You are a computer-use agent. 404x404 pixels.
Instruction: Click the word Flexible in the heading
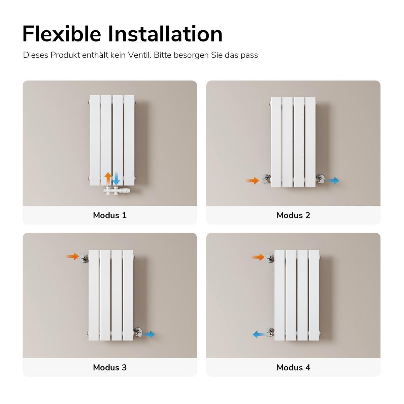(x=62, y=34)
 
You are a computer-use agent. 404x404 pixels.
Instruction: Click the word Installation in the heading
(x=165, y=34)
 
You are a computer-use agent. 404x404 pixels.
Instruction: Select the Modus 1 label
(x=110, y=215)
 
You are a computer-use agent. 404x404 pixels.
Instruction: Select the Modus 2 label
(x=293, y=215)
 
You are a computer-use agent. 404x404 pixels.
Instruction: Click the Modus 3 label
(x=110, y=368)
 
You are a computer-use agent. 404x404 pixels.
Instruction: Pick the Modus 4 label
(x=293, y=368)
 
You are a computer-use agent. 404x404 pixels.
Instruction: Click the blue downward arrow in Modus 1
(x=116, y=179)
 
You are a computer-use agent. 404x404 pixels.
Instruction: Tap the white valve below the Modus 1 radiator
(x=116, y=191)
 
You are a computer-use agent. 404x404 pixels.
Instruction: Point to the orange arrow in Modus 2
(x=252, y=180)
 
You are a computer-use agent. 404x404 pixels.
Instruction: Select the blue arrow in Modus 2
(x=333, y=180)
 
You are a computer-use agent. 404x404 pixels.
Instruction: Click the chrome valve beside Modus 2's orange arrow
(x=266, y=179)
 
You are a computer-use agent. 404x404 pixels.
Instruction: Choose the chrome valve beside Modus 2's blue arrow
(x=320, y=179)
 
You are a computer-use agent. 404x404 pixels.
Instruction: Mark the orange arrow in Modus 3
(x=72, y=257)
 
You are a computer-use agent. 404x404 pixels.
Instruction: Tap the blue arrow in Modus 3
(x=149, y=334)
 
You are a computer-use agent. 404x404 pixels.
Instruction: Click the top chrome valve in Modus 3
(x=84, y=258)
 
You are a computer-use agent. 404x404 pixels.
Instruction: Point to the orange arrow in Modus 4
(x=258, y=257)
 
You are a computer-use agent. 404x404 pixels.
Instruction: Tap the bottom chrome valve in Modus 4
(x=270, y=332)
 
